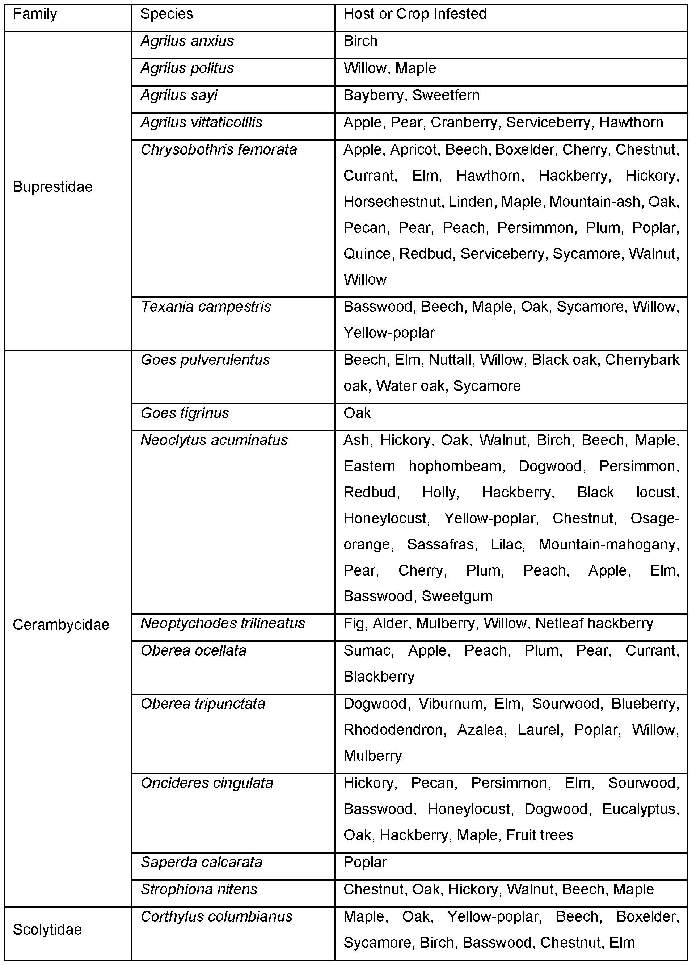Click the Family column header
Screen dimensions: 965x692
(x=34, y=14)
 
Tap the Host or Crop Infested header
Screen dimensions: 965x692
(x=415, y=14)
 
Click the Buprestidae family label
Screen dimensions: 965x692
(x=52, y=187)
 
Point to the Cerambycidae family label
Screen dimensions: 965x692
(x=61, y=625)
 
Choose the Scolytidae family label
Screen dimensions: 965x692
(x=47, y=930)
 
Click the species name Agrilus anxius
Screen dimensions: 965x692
(x=187, y=41)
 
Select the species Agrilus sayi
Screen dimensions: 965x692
(x=179, y=95)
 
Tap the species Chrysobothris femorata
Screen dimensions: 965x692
(x=219, y=150)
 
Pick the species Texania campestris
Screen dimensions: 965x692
(x=206, y=307)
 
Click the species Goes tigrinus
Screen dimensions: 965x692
(x=185, y=413)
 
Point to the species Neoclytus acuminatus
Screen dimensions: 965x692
(x=214, y=441)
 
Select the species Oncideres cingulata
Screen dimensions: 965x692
(x=207, y=783)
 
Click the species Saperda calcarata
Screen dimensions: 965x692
(x=201, y=863)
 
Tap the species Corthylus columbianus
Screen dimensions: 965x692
(x=216, y=916)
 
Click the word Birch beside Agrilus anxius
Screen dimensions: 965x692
(x=360, y=41)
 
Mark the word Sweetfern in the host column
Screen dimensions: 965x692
(x=446, y=95)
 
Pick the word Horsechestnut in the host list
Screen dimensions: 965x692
(x=392, y=202)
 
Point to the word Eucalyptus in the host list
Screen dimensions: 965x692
(x=639, y=809)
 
